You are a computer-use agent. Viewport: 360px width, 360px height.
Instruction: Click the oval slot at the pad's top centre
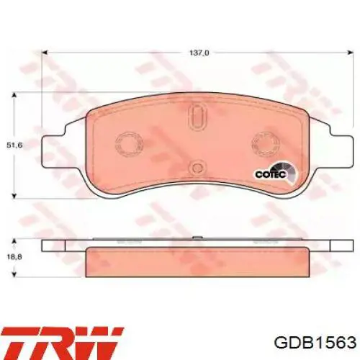pos(199,116)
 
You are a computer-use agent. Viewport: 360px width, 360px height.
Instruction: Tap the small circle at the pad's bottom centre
pos(197,168)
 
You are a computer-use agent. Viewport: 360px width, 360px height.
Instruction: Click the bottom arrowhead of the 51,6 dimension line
pos(15,195)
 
